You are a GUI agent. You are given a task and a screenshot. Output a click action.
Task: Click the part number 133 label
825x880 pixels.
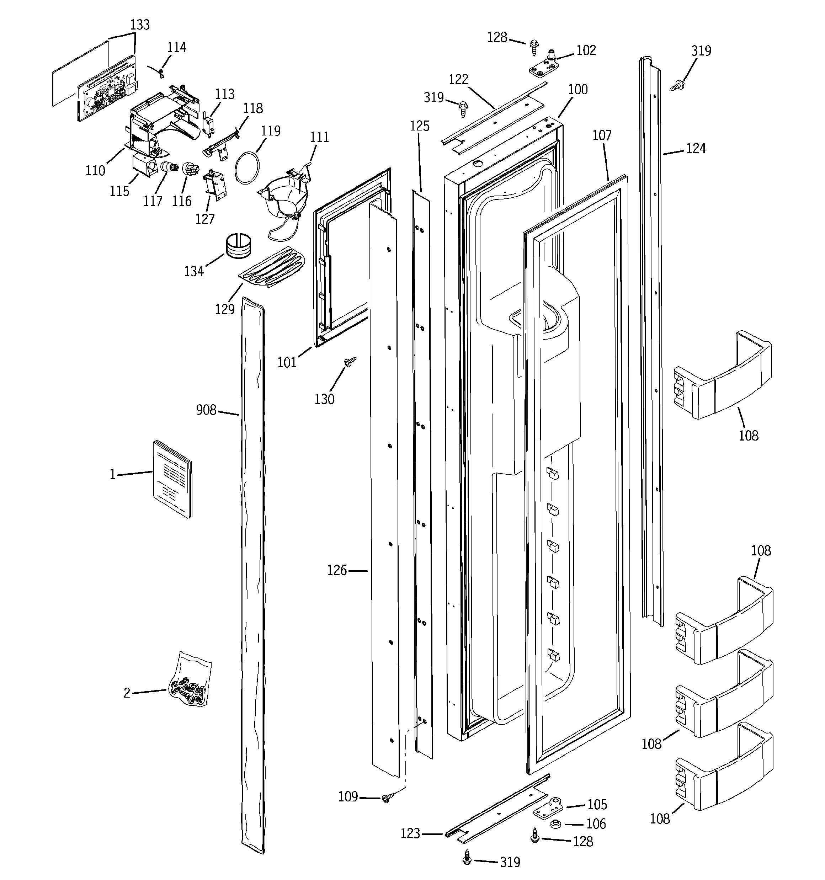click(x=140, y=25)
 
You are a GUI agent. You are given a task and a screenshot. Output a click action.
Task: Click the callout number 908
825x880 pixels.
click(x=206, y=410)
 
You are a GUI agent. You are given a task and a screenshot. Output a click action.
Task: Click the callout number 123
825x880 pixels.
click(x=410, y=833)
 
